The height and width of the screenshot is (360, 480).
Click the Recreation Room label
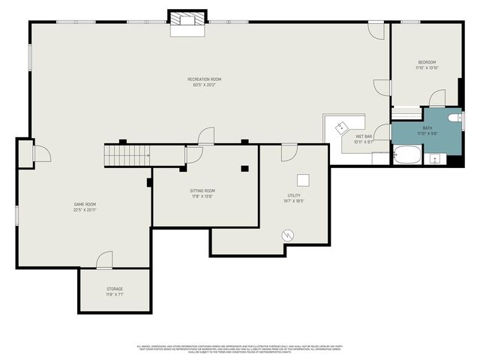(x=204, y=79)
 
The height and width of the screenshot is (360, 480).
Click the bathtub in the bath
(x=408, y=156)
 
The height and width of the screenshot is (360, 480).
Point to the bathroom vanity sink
(x=435, y=159)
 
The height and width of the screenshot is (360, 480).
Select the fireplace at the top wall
(x=186, y=21)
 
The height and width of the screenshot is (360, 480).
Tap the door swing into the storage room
(x=104, y=260)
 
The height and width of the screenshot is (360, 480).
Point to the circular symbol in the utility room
(x=289, y=235)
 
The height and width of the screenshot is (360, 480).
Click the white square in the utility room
(x=303, y=179)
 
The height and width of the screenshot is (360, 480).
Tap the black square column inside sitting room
(x=244, y=169)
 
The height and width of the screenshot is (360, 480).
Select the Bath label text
(x=427, y=128)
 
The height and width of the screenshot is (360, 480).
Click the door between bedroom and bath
(x=436, y=99)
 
